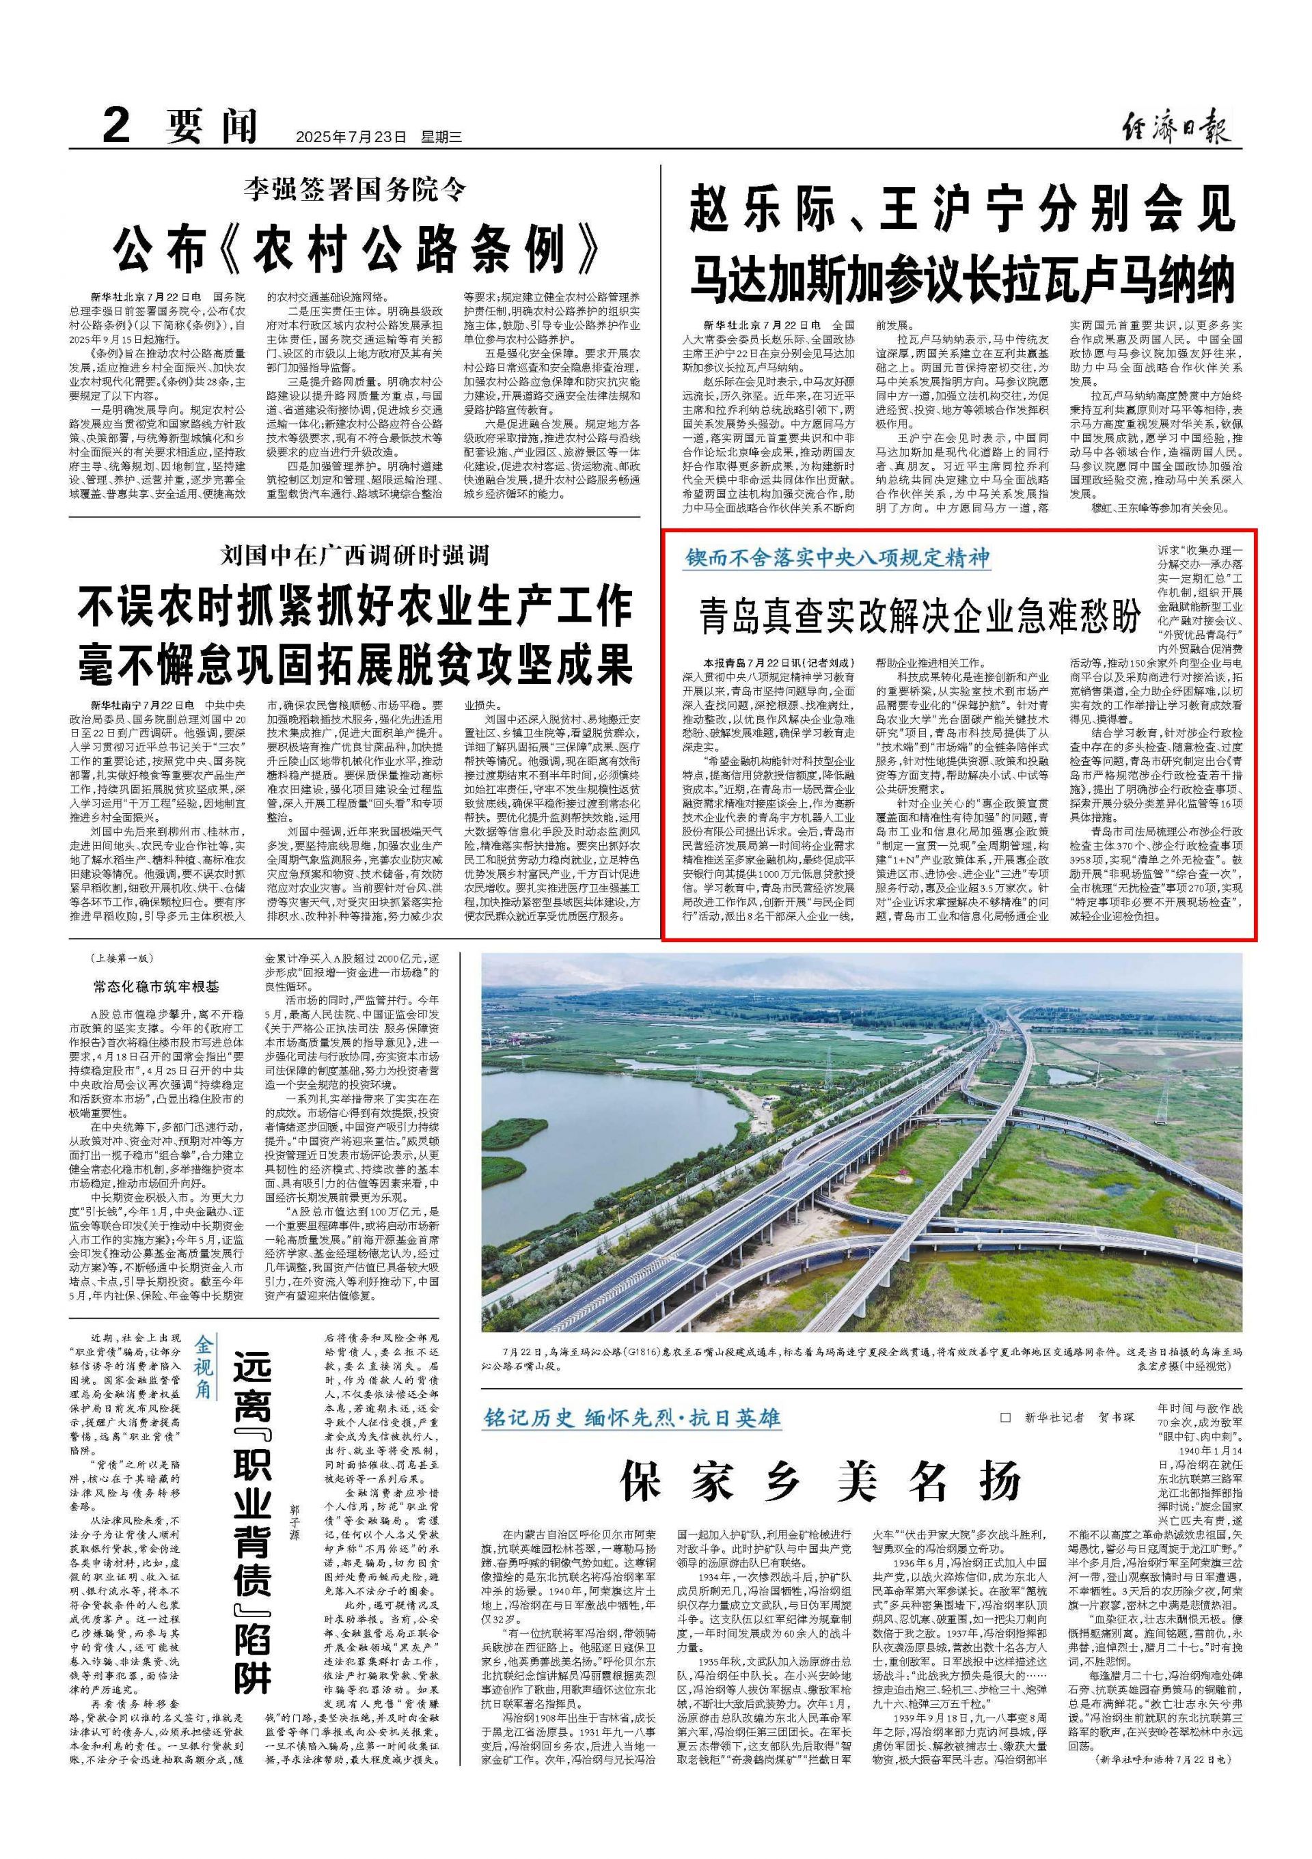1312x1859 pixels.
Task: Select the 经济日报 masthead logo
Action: pyautogui.click(x=1177, y=128)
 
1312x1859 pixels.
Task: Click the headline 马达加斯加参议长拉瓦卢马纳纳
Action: pyautogui.click(x=961, y=279)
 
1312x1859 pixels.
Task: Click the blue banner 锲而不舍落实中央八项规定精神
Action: pyautogui.click(x=838, y=558)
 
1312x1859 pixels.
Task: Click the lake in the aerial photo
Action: pyautogui.click(x=583, y=1133)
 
